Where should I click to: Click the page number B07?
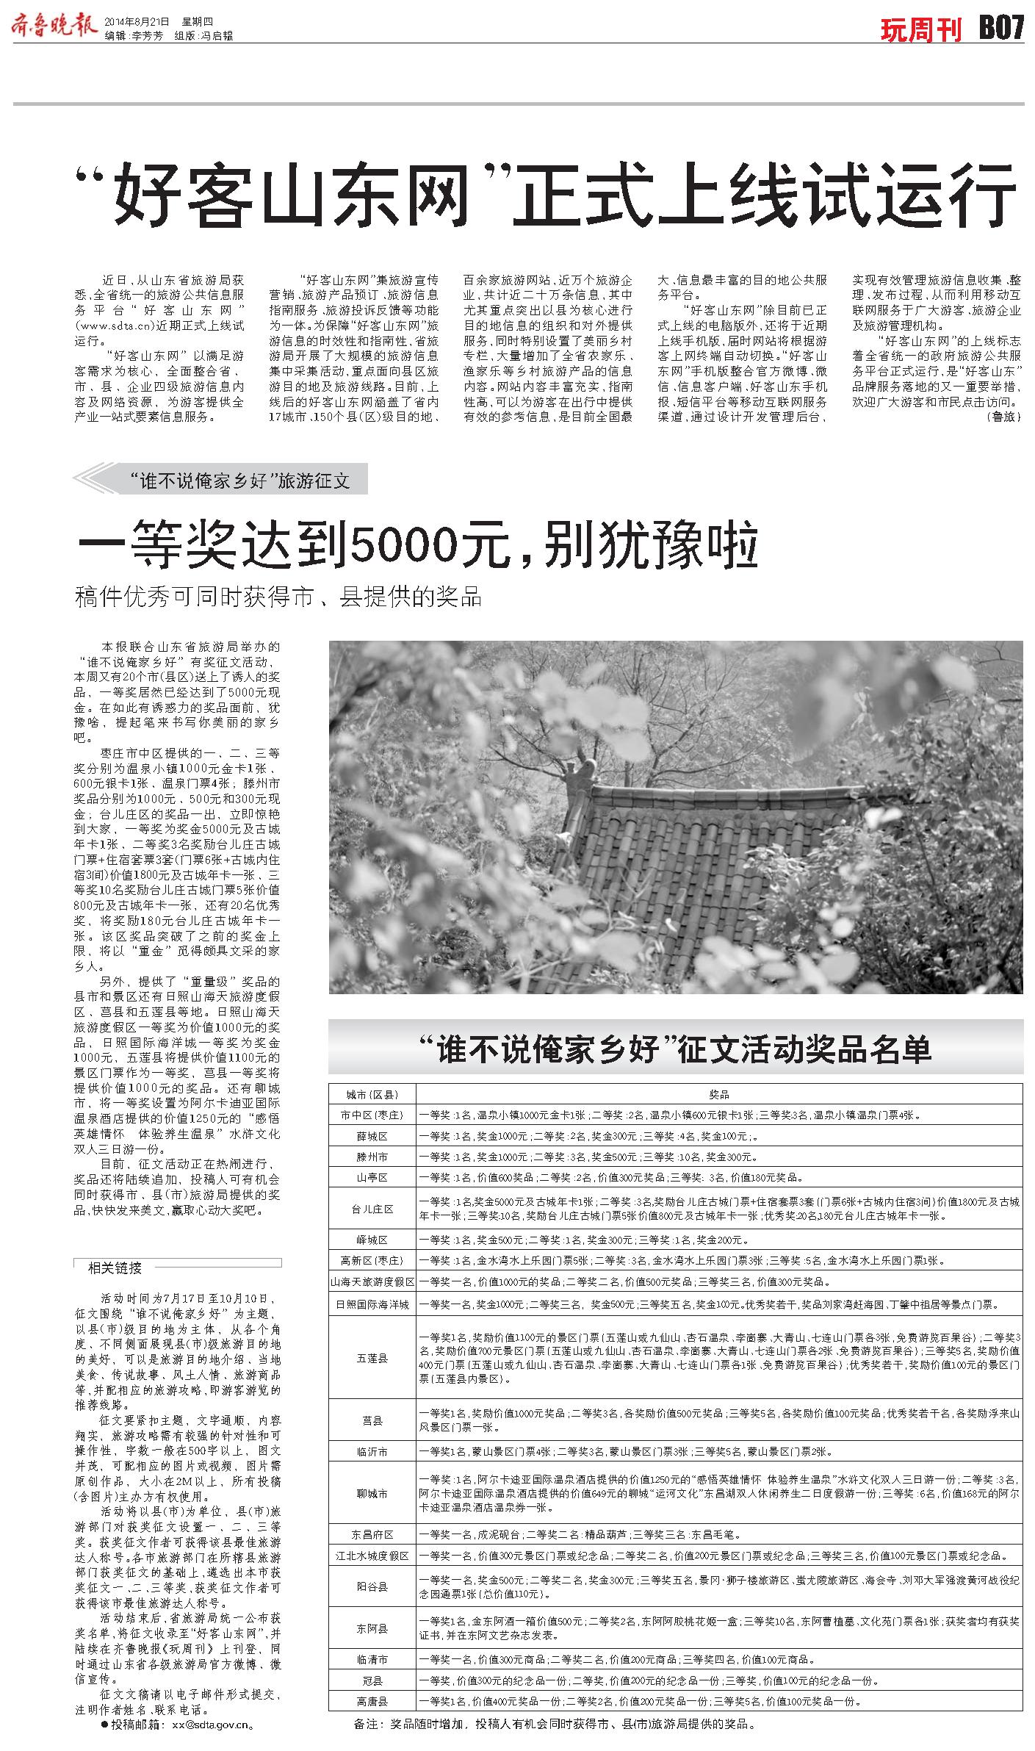[1000, 28]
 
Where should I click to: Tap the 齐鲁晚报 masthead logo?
[53, 25]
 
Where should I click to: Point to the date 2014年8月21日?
[137, 22]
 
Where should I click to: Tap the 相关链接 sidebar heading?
[115, 1268]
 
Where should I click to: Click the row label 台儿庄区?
[372, 1209]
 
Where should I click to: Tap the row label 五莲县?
[372, 1359]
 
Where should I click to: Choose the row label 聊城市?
[372, 1493]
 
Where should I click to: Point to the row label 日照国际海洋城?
[372, 1304]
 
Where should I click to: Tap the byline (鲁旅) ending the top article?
[1003, 416]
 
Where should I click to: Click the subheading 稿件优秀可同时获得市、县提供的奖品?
[278, 596]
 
